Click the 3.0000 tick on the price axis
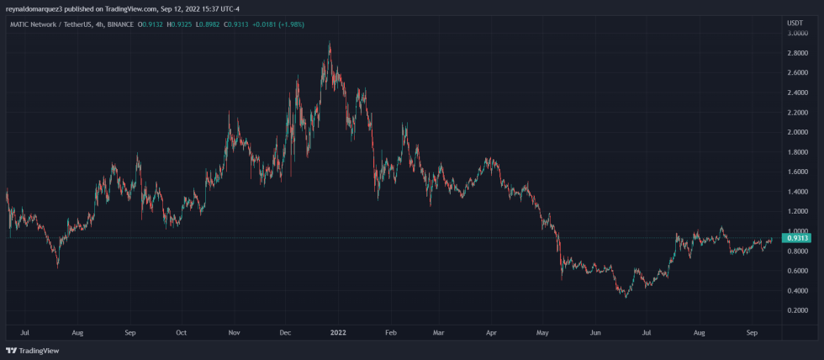pos(797,33)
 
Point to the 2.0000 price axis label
pos(797,132)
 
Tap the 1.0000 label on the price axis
pos(797,231)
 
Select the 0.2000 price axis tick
pos(797,310)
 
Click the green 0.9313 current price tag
pos(797,238)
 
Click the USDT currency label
pos(795,22)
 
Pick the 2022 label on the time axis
pos(337,332)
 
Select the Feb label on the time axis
pos(390,332)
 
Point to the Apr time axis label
pos(491,332)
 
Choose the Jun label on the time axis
pos(595,332)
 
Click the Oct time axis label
pos(181,332)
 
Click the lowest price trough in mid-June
pos(625,297)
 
